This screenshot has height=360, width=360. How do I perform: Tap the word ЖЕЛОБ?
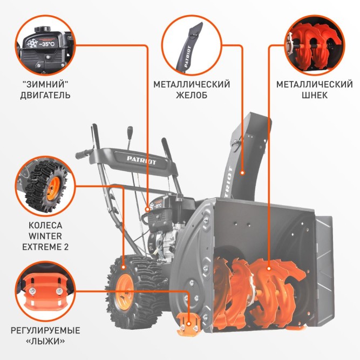(192, 96)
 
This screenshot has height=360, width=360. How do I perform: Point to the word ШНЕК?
(315, 96)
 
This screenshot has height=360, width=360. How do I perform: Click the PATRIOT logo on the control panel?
(142, 160)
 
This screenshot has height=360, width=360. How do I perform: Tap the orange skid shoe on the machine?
(188, 321)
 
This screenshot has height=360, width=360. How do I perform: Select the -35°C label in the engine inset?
(48, 44)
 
